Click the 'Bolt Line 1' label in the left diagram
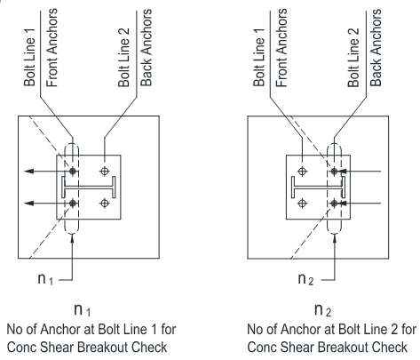(x=29, y=58)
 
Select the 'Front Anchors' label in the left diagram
(x=52, y=48)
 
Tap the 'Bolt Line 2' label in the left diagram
(x=123, y=58)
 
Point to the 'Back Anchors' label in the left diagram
(x=147, y=48)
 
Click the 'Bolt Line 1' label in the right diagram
(x=258, y=58)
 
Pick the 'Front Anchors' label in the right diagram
(x=281, y=48)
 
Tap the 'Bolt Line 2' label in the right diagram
(x=353, y=58)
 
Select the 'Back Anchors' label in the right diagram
(x=376, y=48)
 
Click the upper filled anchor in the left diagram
(x=73, y=171)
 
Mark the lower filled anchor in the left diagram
(x=73, y=204)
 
